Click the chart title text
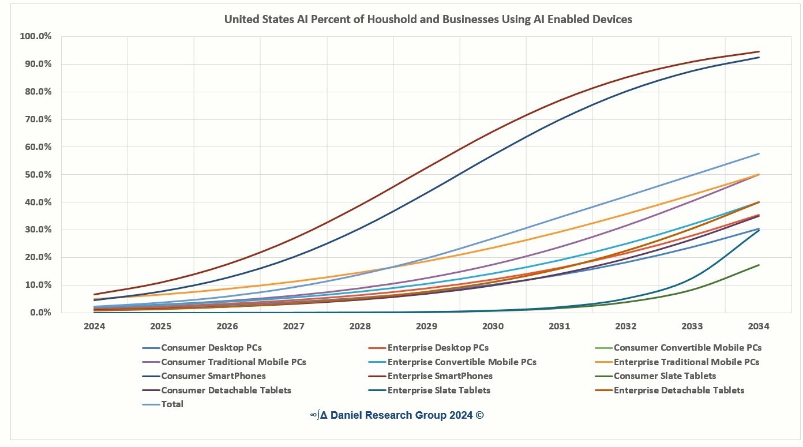[x=427, y=20]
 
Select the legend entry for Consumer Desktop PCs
[x=211, y=348]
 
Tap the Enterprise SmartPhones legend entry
[x=440, y=376]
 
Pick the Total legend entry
[x=172, y=404]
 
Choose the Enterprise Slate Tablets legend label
[x=438, y=390]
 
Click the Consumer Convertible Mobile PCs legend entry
[x=687, y=348]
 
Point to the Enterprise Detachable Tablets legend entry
[x=678, y=390]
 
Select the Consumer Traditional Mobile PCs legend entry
[x=234, y=362]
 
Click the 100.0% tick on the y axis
[x=36, y=36]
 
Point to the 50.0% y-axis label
[x=37, y=174]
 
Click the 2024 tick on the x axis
[x=95, y=326]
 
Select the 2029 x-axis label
[x=426, y=326]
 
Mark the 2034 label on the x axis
[x=759, y=326]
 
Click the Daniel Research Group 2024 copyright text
[x=396, y=415]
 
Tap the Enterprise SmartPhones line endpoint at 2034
[x=759, y=52]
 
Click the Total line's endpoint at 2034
[x=759, y=154]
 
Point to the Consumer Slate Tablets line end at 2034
[x=759, y=265]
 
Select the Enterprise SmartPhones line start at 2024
[x=95, y=295]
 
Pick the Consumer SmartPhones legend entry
[x=213, y=376]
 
